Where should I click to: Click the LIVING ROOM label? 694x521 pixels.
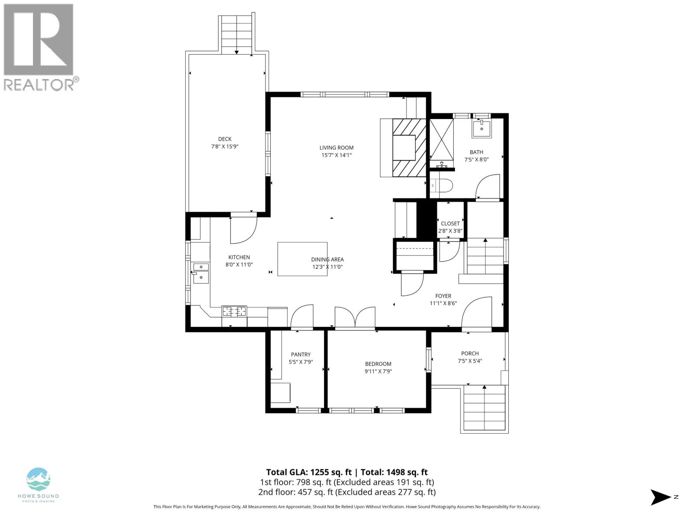[336, 148]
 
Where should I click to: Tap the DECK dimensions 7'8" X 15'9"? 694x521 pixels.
[225, 147]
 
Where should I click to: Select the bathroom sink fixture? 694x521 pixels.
[481, 129]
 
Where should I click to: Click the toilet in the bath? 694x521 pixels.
[442, 185]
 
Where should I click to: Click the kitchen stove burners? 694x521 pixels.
[234, 311]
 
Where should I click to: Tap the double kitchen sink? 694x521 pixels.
[201, 272]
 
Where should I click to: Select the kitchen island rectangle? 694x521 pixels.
[302, 259]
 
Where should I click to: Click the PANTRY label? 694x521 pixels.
[301, 355]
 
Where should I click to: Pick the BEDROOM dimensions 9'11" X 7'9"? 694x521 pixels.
[378, 371]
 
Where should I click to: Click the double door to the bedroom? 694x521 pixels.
[355, 317]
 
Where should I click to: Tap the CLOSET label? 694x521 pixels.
[450, 224]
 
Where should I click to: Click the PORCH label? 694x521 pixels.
[470, 353]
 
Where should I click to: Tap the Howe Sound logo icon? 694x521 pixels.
[38, 479]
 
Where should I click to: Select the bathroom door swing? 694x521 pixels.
[488, 187]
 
